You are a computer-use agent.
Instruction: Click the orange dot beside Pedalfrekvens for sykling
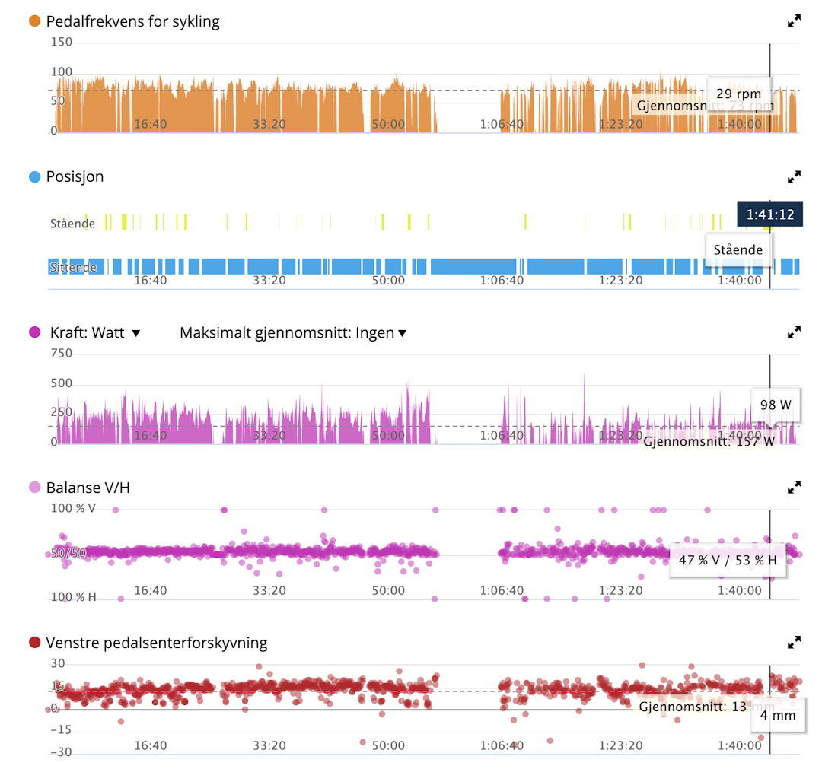34,21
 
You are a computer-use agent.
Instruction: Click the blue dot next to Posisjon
34,177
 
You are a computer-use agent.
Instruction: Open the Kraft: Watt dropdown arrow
137,333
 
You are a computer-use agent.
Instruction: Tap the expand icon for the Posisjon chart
794,177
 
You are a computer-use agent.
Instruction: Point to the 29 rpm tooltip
738,94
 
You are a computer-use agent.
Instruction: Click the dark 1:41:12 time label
769,214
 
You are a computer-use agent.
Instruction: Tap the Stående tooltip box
738,249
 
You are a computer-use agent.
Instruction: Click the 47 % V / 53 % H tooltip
727,561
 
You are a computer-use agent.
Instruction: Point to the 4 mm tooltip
778,715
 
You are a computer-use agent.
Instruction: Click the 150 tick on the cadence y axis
62,42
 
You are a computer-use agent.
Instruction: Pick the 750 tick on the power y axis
62,353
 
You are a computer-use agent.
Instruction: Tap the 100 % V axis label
73,508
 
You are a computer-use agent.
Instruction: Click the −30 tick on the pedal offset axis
61,752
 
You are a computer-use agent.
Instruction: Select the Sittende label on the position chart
73,268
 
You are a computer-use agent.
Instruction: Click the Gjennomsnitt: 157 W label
709,440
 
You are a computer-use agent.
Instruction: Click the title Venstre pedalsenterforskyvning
157,643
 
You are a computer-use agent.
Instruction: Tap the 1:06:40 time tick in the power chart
502,436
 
